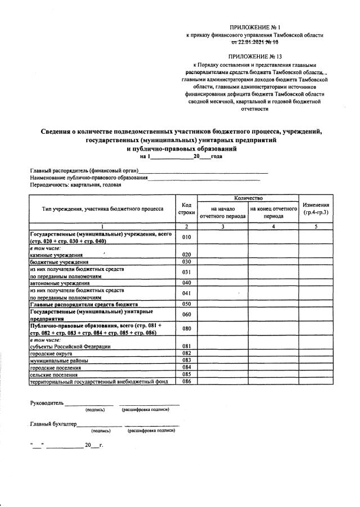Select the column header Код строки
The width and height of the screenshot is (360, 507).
coord(187,209)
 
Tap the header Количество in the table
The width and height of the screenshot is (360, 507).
coord(249,198)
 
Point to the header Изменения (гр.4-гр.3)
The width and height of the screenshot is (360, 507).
coord(316,209)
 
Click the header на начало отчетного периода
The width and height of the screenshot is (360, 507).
coord(222,212)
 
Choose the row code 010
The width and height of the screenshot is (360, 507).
coord(187,237)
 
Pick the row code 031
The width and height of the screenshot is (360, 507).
coord(187,273)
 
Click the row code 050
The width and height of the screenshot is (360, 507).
coord(187,304)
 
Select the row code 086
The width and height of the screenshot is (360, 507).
coord(187,381)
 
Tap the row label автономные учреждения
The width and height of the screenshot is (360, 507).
coord(57,283)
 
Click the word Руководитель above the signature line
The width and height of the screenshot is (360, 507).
coord(47,402)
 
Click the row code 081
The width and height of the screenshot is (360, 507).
coord(187,346)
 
